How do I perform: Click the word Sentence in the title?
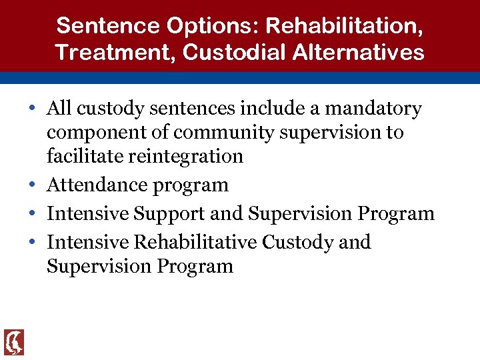point(97,26)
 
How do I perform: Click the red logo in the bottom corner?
point(13,342)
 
